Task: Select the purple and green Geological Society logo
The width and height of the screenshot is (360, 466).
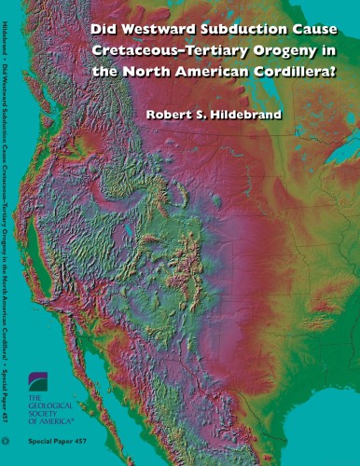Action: pyautogui.click(x=39, y=383)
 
